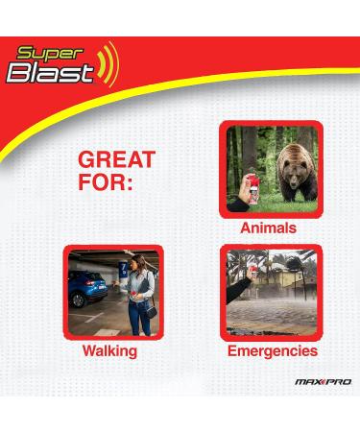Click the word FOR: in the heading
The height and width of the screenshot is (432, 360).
tap(105, 181)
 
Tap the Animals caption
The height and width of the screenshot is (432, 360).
tap(268, 229)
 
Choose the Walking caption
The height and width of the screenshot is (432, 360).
tap(109, 351)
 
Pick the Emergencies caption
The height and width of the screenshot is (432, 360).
tap(273, 351)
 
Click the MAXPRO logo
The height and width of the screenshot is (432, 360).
tap(324, 382)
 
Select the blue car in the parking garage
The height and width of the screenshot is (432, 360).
tap(88, 289)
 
